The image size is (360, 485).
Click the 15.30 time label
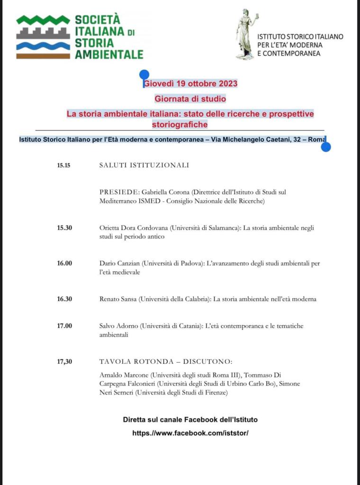click(x=64, y=228)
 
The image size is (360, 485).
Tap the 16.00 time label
click(x=64, y=264)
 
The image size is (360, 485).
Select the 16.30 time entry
click(x=64, y=299)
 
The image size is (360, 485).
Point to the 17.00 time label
click(x=64, y=326)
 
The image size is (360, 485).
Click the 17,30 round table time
click(x=64, y=362)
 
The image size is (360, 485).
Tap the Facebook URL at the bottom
click(x=190, y=433)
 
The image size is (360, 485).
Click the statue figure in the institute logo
click(x=247, y=34)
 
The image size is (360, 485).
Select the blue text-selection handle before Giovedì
click(x=144, y=75)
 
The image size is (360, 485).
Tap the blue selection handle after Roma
click(x=325, y=146)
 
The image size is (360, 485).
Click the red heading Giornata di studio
click(x=190, y=99)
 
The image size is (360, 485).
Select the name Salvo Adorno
click(x=119, y=326)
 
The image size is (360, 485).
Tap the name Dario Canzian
click(x=120, y=264)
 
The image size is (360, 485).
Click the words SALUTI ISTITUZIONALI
click(x=144, y=165)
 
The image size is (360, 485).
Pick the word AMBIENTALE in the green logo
click(x=109, y=54)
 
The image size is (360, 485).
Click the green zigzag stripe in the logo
click(x=43, y=20)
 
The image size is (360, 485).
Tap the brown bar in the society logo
click(x=43, y=56)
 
